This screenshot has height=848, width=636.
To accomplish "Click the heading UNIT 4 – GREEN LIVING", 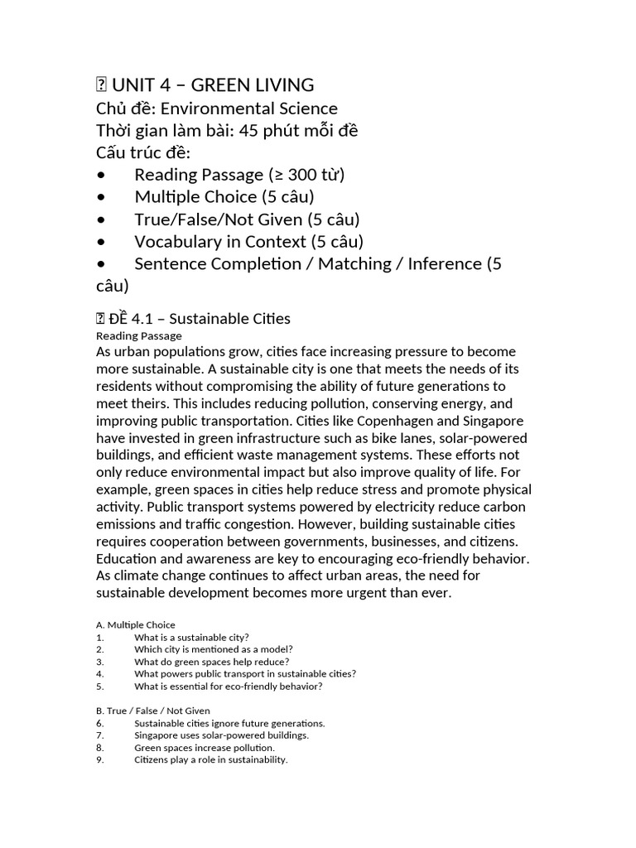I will click(x=213, y=84).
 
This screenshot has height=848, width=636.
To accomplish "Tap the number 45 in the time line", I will click(x=249, y=131).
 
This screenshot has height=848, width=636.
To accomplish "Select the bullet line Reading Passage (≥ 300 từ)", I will click(x=239, y=175).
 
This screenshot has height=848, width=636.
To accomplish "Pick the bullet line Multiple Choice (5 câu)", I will click(x=224, y=197).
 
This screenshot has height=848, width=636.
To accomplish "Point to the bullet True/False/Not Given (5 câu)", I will click(x=247, y=219).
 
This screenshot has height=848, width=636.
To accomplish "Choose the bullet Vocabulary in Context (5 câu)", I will click(x=248, y=242).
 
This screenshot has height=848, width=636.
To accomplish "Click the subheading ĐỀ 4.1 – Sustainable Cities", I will click(x=200, y=319).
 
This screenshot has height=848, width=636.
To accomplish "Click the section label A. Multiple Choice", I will click(x=136, y=624).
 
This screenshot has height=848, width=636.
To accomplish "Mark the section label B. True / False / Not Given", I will click(x=153, y=711).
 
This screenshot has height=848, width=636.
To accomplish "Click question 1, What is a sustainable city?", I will click(x=191, y=638).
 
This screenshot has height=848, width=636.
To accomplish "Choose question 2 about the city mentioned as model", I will click(x=214, y=649).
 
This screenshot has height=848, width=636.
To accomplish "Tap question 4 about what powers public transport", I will click(x=245, y=674).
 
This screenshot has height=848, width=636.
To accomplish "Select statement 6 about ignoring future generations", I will click(x=229, y=723).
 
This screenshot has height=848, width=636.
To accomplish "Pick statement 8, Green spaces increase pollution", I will click(x=205, y=747).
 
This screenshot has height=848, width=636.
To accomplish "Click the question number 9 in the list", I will click(x=99, y=759).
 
